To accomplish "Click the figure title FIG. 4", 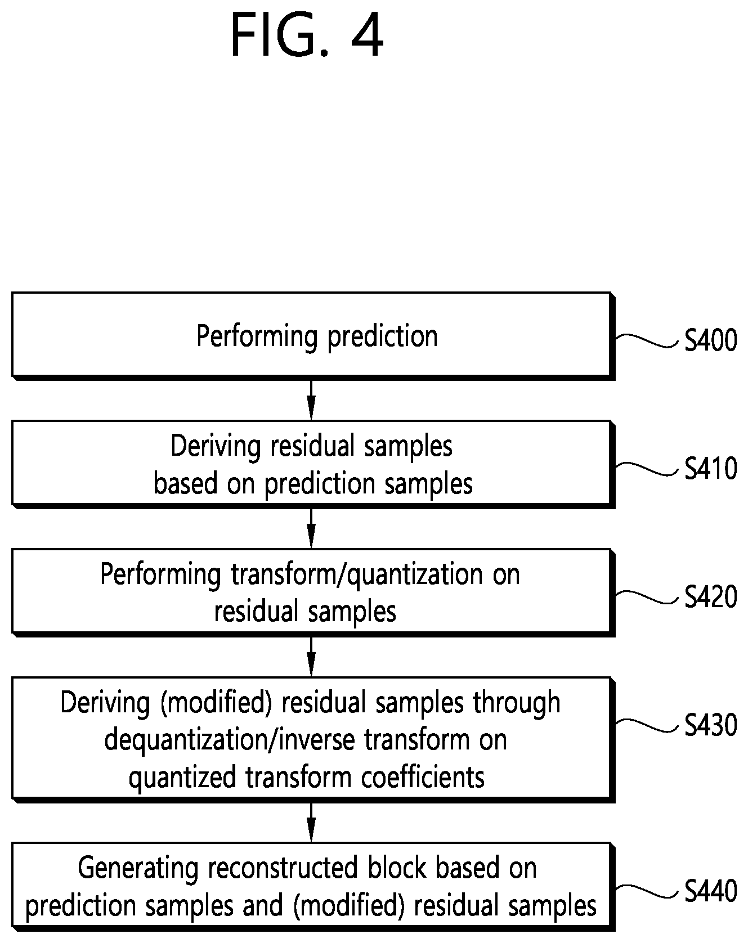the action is click(307, 35).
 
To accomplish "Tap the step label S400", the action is click(711, 340).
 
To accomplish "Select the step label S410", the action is click(711, 469).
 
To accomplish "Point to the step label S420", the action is click(711, 597).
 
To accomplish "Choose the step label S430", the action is click(711, 725).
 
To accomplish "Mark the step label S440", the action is click(711, 891).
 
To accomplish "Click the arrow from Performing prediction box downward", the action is click(311, 400).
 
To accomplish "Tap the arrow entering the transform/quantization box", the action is click(311, 528).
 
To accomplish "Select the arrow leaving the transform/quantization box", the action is click(311, 657).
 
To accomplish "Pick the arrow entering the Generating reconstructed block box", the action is click(311, 822).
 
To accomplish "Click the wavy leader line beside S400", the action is click(647, 340).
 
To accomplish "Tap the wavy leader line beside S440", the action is click(647, 890).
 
